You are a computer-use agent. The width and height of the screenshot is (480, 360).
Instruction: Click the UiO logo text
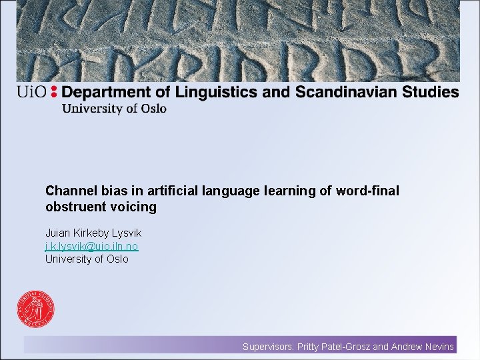(31, 93)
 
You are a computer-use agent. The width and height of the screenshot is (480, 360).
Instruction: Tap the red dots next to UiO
(54, 92)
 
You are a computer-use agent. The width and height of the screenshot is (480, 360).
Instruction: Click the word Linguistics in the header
(215, 92)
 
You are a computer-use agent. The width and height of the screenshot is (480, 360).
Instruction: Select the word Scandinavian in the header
(351, 92)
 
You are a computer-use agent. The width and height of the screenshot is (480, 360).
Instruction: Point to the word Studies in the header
(431, 92)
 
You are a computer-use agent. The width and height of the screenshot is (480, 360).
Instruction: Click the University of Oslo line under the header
(114, 109)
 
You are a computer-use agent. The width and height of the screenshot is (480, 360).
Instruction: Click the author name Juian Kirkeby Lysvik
(93, 233)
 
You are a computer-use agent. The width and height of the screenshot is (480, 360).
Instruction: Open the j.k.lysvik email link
(91, 247)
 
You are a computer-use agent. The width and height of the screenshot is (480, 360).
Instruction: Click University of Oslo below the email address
(87, 259)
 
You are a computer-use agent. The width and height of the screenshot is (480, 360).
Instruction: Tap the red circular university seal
(36, 311)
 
